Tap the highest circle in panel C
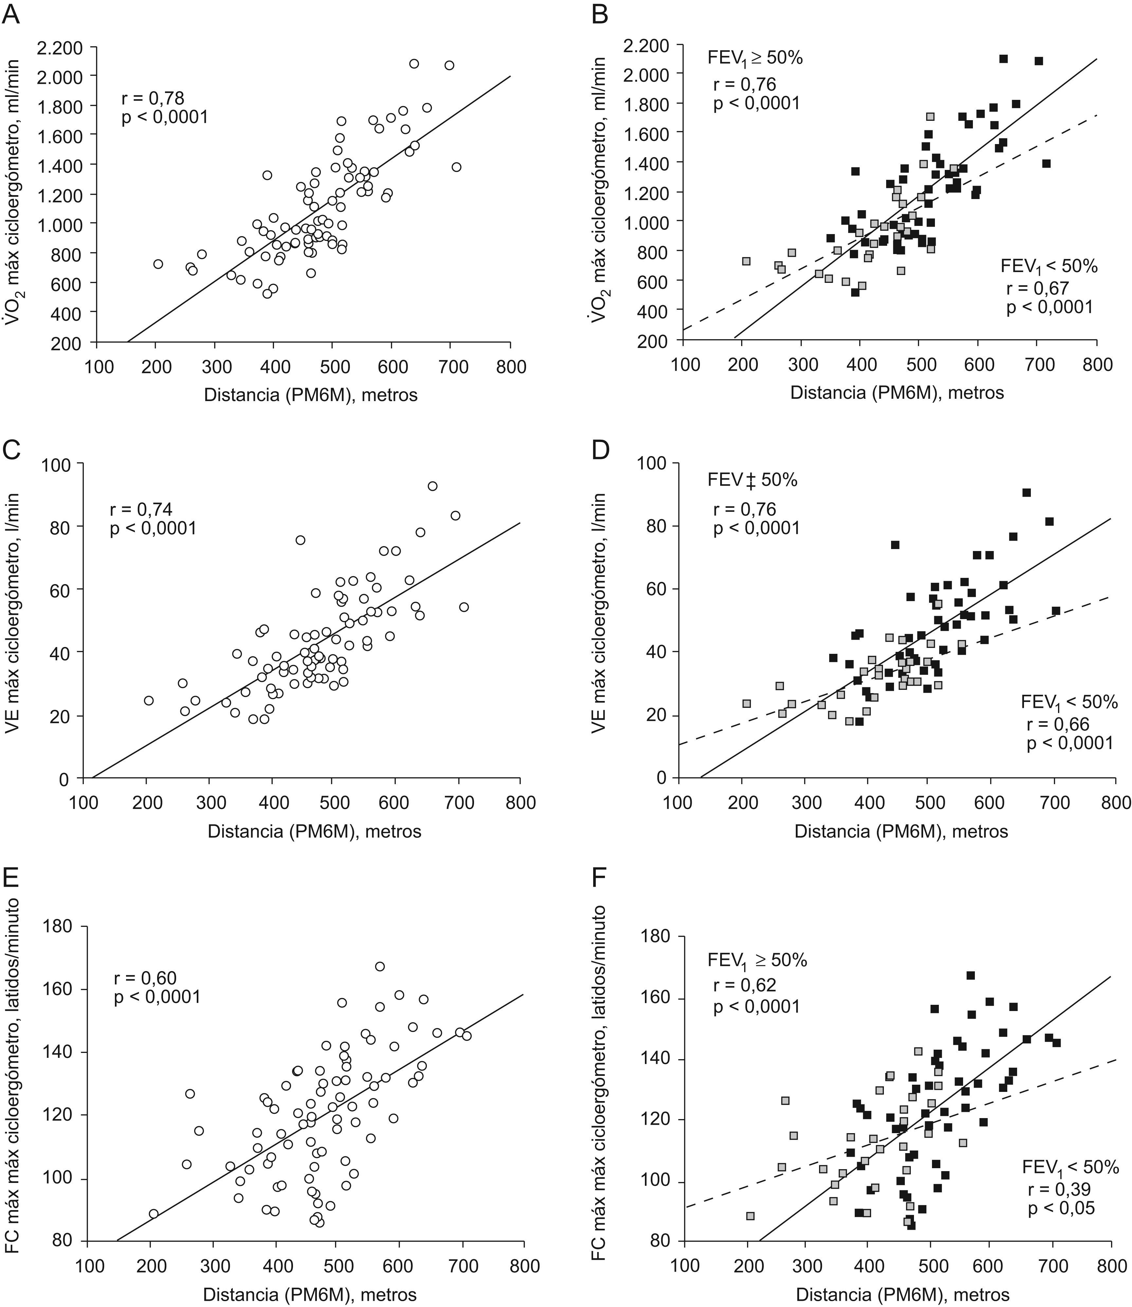pyautogui.click(x=432, y=486)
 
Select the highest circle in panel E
pyautogui.click(x=380, y=966)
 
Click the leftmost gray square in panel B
pyautogui.click(x=746, y=261)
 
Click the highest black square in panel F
pyautogui.click(x=971, y=975)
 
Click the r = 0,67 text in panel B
pyautogui.click(x=1037, y=288)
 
